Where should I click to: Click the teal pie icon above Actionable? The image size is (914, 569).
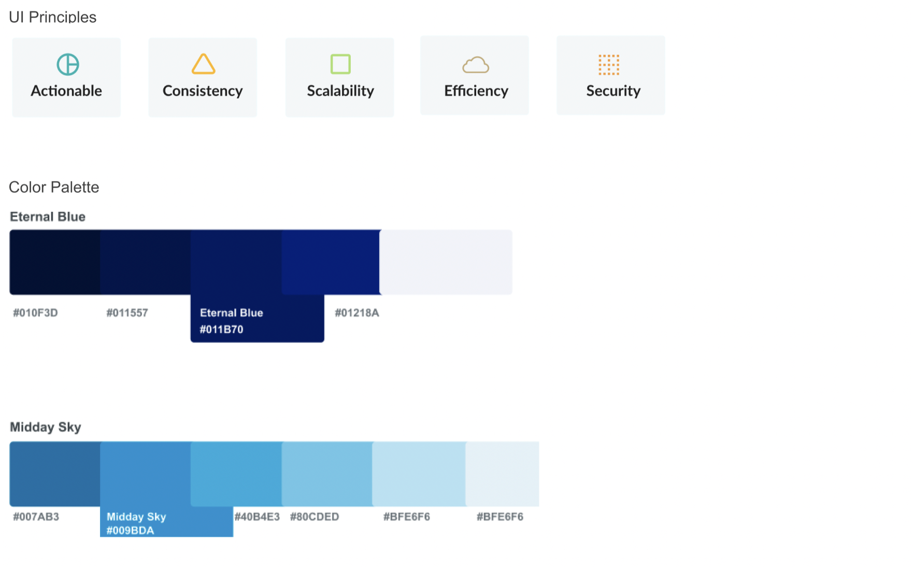(68, 65)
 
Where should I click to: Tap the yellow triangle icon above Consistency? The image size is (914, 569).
(203, 64)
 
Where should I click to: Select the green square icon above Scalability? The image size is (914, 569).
(340, 64)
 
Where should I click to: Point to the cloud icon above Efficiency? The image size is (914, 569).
(476, 65)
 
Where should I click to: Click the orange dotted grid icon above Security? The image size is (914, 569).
(609, 65)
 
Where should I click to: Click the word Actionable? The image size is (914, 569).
(66, 91)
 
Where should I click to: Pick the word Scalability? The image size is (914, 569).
(340, 91)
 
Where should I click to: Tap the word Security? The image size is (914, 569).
(613, 91)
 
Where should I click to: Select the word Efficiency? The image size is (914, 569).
(476, 91)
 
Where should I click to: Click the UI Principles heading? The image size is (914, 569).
(53, 17)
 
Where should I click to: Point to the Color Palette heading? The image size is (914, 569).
(54, 187)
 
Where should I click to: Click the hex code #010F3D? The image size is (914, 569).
(35, 313)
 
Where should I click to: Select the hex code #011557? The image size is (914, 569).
(127, 313)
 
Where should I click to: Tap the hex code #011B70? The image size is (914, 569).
(221, 330)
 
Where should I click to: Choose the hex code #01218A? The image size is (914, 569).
(357, 313)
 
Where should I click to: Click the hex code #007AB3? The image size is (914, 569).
(36, 517)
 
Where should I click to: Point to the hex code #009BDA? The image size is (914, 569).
(130, 531)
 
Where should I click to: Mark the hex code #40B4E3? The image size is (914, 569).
(257, 517)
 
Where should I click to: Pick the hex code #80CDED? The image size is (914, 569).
(315, 517)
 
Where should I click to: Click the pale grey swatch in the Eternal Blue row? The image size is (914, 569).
(446, 262)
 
